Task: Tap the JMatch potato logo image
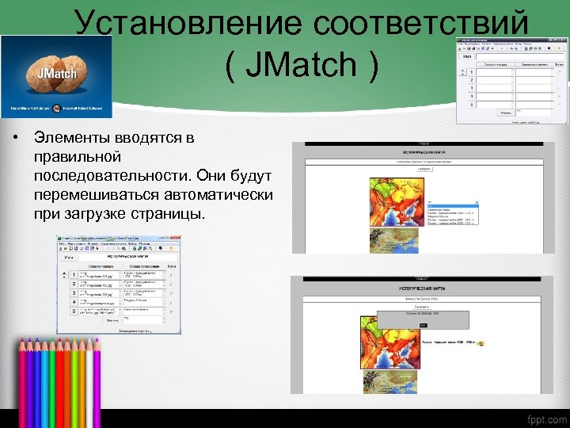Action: [x=55, y=76]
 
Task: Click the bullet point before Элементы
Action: [x=15, y=139]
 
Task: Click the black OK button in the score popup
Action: [x=423, y=326]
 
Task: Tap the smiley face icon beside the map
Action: [x=481, y=343]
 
